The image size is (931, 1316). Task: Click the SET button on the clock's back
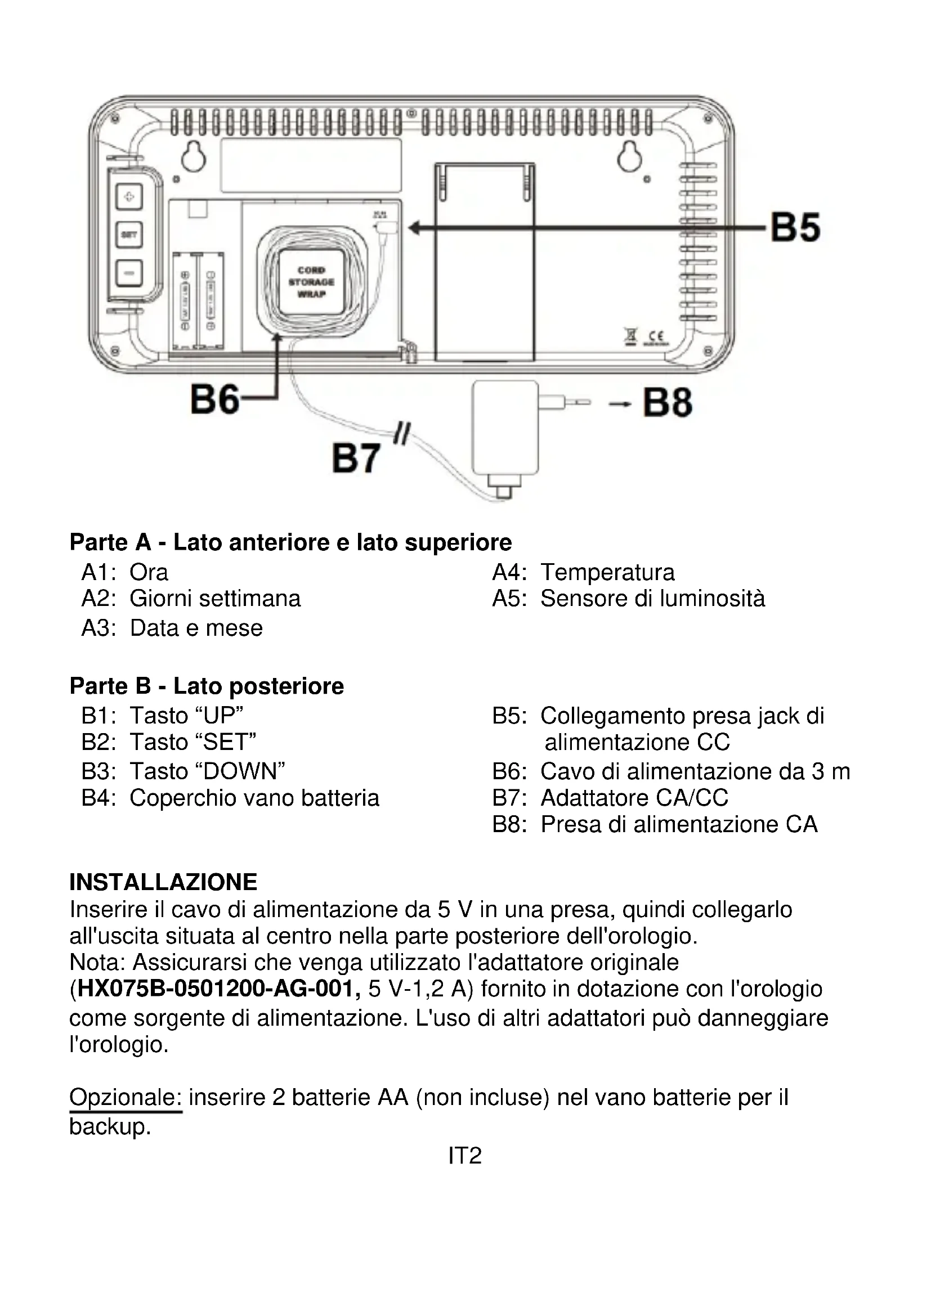pos(129,235)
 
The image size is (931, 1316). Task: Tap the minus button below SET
pos(129,272)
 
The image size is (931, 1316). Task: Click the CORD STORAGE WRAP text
pos(311,282)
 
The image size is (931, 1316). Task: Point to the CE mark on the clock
pos(656,337)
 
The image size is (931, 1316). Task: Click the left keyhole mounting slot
pos(194,155)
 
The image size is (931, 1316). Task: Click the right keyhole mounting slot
pos(629,155)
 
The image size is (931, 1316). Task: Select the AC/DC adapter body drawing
pos(504,427)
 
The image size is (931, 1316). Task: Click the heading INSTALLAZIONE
pos(163,882)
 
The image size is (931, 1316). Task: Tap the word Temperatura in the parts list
pos(608,572)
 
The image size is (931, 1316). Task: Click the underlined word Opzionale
pos(125,1097)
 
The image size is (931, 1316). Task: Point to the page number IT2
pos(464,1156)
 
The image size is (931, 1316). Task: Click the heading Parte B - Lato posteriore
pos(207,685)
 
